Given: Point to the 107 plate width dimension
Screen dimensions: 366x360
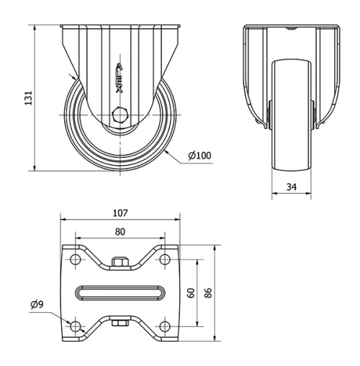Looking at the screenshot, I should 120,213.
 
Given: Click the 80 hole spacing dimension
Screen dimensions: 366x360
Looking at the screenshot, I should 120,232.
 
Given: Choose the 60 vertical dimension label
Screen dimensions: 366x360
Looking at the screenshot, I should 191,293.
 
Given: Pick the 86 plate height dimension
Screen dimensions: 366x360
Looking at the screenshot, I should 208,293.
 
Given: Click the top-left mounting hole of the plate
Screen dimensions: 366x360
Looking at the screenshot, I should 74,259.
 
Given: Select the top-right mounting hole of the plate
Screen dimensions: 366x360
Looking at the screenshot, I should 165,259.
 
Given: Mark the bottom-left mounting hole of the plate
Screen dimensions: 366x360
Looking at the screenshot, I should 74,327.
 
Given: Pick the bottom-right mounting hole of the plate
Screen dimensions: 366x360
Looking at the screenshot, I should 165,327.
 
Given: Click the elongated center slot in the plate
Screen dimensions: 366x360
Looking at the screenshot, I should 120,293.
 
